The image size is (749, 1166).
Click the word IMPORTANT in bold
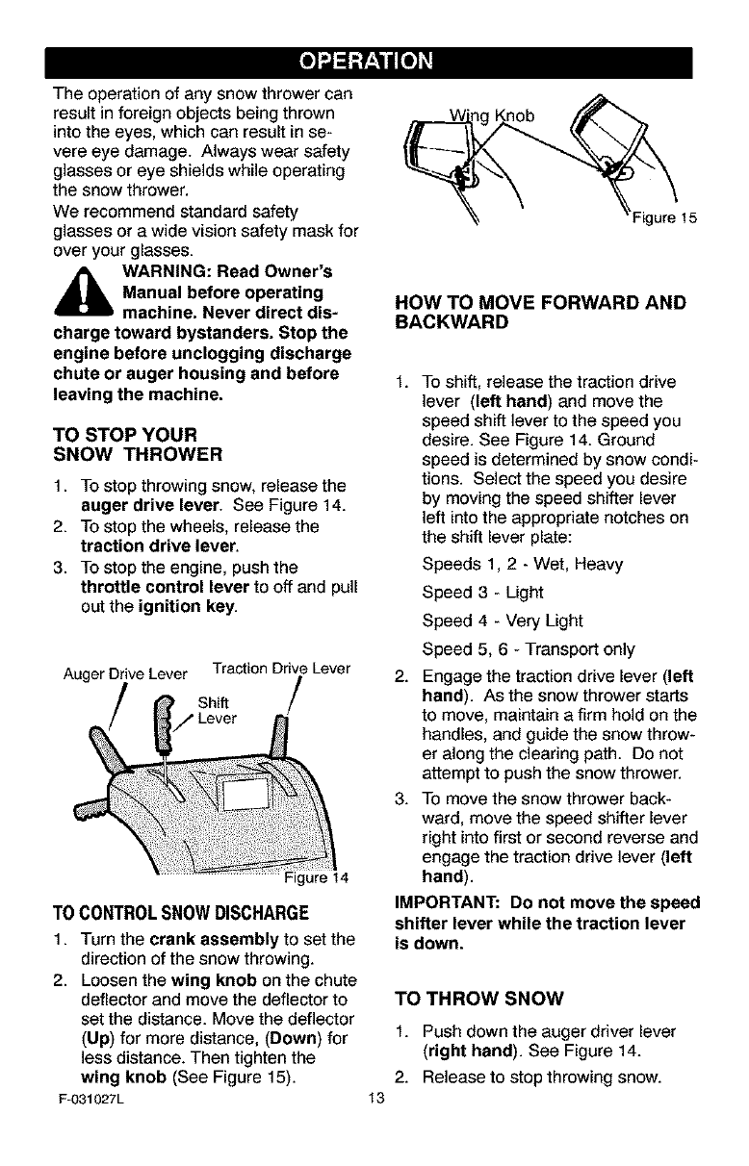[x=446, y=904]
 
